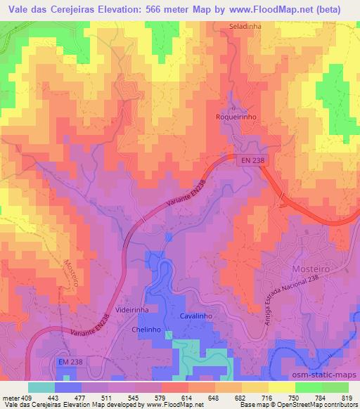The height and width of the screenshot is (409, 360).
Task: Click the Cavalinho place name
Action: pyautogui.click(x=195, y=316)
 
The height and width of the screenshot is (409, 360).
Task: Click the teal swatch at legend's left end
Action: pyautogui.click(x=41, y=387)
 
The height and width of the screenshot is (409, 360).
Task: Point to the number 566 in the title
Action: pyautogui.click(x=150, y=8)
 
